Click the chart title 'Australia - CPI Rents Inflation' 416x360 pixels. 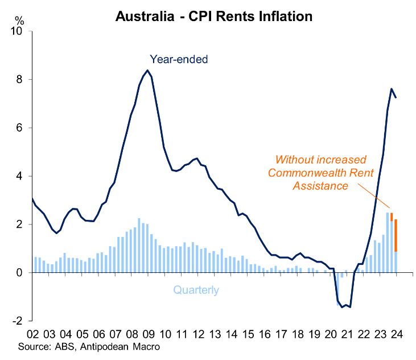tap(213, 16)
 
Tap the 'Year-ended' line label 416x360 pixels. tap(179, 59)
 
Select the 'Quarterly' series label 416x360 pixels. tap(196, 291)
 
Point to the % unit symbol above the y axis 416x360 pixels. tap(20, 21)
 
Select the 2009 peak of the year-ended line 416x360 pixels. tap(147, 71)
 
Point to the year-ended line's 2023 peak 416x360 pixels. tap(392, 89)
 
